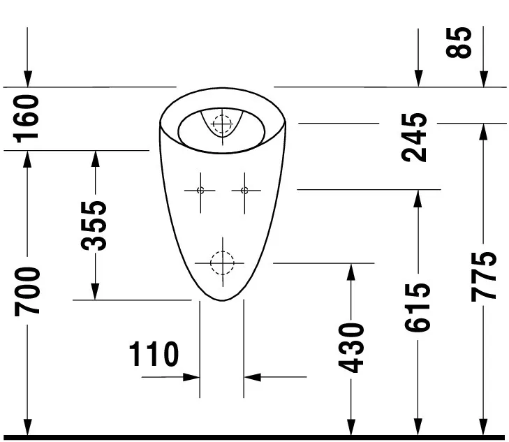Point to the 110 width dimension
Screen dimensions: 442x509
coord(154,355)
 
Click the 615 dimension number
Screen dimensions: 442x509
coord(418,307)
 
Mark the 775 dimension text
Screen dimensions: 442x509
coord(483,276)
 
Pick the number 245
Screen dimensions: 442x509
coord(417,137)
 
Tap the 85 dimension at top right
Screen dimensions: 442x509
coord(462,43)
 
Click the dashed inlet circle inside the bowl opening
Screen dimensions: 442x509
coord(222,124)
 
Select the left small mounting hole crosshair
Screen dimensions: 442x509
coord(200,190)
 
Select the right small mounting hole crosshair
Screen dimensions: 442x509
coord(244,190)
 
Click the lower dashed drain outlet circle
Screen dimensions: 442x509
coord(221,263)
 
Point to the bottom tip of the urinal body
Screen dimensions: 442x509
coord(221,300)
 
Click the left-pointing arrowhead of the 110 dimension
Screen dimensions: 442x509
coord(252,377)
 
